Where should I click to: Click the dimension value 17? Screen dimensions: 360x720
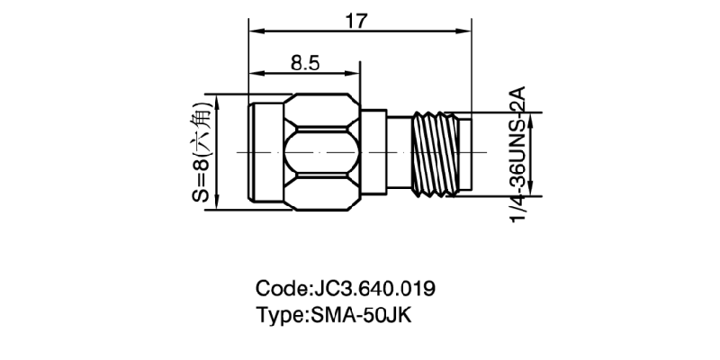coord(357,21)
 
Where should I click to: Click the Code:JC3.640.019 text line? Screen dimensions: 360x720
coord(346,289)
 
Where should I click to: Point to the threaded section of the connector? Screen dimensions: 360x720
coord(434,153)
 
